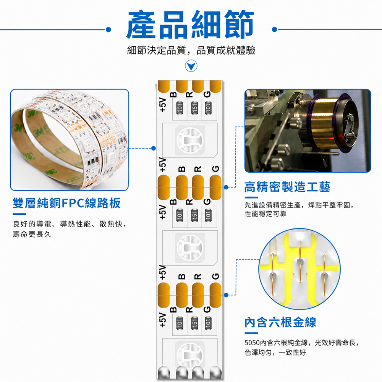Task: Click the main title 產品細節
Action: (190, 24)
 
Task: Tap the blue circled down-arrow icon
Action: (191, 66)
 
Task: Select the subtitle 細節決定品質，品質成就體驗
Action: (191, 50)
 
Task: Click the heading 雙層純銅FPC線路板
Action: (66, 203)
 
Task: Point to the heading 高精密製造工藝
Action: (288, 187)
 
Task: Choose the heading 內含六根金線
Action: (280, 322)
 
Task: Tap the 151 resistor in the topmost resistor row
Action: (194, 107)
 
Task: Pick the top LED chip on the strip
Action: (190, 141)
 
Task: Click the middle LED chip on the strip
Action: (190, 248)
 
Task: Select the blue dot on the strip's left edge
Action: (154, 148)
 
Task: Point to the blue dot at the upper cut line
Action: (226, 187)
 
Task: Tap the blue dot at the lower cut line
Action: (226, 295)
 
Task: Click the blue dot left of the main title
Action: (108, 30)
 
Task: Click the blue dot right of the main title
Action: (275, 29)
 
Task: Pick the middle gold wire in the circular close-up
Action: (300, 262)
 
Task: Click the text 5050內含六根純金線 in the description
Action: (276, 343)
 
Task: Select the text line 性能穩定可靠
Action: (265, 214)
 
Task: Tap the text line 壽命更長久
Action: (32, 234)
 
